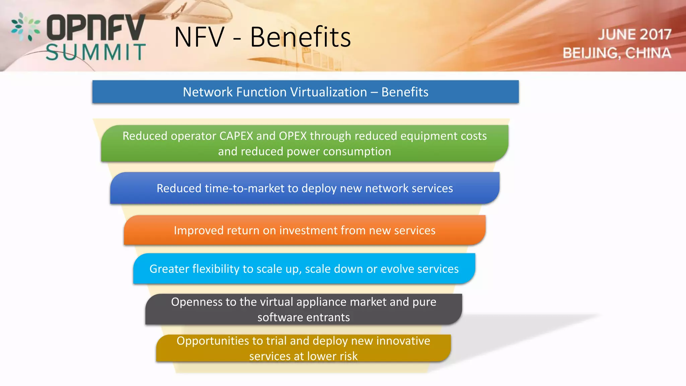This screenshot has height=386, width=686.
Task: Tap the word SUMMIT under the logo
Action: [96, 52]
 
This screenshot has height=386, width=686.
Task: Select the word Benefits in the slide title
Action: [300, 37]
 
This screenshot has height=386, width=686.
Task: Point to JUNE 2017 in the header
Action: [634, 35]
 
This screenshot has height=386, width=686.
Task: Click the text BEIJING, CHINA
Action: [617, 53]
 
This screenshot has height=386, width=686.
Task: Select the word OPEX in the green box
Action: [293, 136]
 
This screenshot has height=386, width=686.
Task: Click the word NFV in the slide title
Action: [199, 37]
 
